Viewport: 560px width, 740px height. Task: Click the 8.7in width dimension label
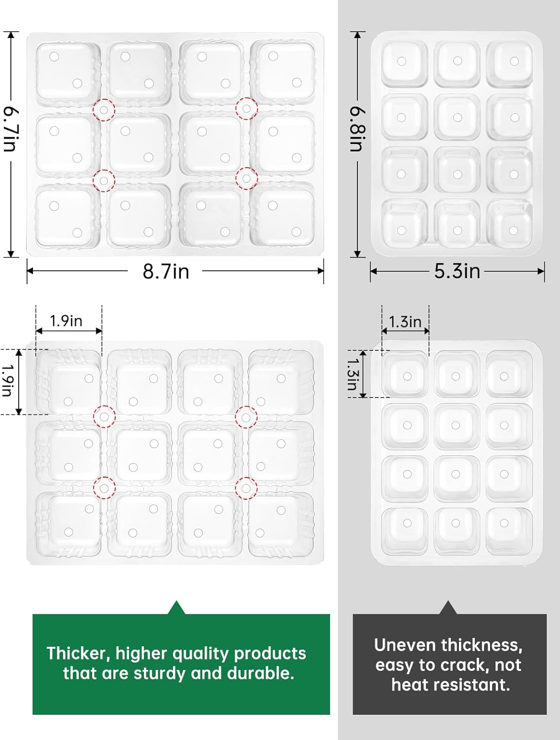(166, 271)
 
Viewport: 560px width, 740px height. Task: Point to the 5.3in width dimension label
(457, 271)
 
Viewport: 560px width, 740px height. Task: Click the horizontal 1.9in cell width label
(66, 321)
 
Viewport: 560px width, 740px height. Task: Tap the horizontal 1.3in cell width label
(405, 322)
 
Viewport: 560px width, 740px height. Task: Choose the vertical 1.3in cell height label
(352, 373)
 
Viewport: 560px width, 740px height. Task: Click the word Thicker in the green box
(78, 653)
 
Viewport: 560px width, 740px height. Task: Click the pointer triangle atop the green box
(176, 608)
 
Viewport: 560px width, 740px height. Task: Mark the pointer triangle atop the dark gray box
(448, 608)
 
